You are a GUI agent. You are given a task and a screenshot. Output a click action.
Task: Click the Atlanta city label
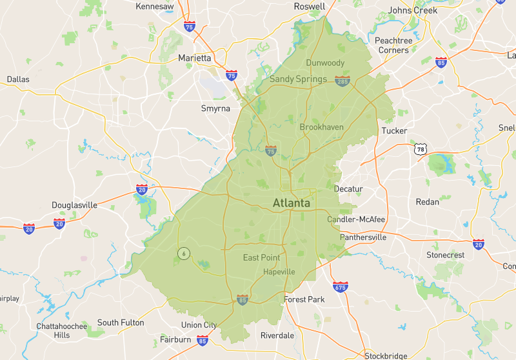pyautogui.click(x=292, y=203)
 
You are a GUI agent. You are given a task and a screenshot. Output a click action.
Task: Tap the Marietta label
pyautogui.click(x=195, y=58)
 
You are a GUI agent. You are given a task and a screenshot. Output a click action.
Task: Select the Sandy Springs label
pyautogui.click(x=298, y=79)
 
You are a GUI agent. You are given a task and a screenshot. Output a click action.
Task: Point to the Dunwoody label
pyautogui.click(x=325, y=63)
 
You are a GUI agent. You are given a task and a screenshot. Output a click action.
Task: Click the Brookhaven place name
pyautogui.click(x=322, y=127)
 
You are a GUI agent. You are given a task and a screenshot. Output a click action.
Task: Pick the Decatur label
pyautogui.click(x=348, y=189)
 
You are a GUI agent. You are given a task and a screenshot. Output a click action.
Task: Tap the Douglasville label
pyautogui.click(x=75, y=205)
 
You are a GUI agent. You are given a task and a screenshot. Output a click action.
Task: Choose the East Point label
pyautogui.click(x=261, y=258)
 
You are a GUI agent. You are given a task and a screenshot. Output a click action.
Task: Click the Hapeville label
pyautogui.click(x=279, y=272)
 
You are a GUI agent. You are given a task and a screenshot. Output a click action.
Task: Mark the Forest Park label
pyautogui.click(x=304, y=299)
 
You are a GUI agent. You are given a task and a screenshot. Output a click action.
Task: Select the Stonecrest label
pyautogui.click(x=445, y=255)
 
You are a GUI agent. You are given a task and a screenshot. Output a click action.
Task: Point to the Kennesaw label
pyautogui.click(x=155, y=6)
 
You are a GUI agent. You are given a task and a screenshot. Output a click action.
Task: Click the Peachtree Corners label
pyautogui.click(x=395, y=45)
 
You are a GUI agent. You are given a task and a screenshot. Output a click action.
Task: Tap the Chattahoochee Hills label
pyautogui.click(x=62, y=330)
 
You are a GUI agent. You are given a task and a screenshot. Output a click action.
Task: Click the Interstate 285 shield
pyautogui.click(x=342, y=80)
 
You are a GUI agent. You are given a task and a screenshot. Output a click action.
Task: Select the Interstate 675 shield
pyautogui.click(x=340, y=286)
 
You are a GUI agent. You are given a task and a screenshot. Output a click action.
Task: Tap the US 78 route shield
pyautogui.click(x=421, y=150)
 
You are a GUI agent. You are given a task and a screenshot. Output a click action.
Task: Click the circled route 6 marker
pyautogui.click(x=184, y=254)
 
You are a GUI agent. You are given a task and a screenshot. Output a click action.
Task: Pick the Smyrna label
pyautogui.click(x=215, y=108)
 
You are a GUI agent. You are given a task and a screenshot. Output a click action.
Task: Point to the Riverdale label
pyautogui.click(x=277, y=335)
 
